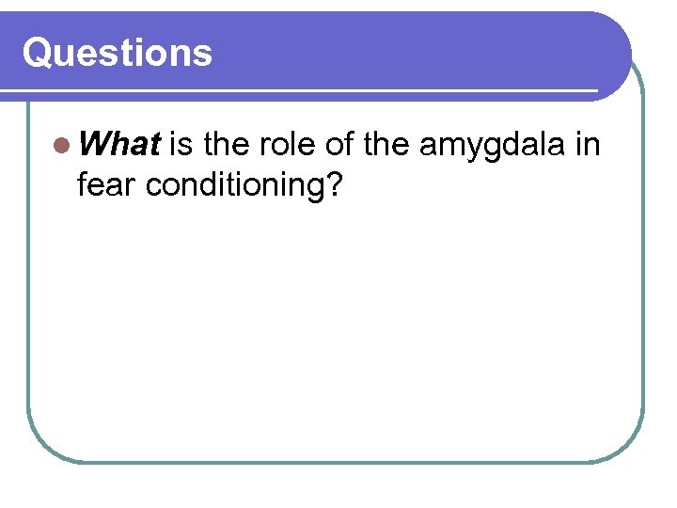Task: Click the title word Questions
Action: coord(118,53)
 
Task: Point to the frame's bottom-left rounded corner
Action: coord(39,449)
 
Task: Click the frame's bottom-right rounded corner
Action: coord(631,449)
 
